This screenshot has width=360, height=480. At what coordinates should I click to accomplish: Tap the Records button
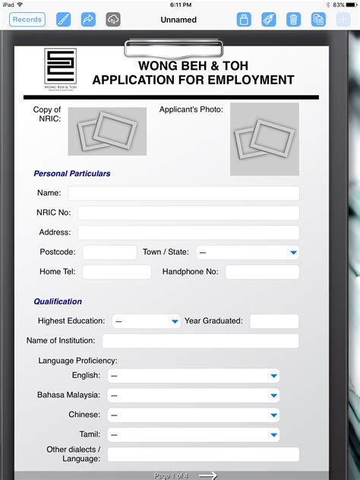[27, 19]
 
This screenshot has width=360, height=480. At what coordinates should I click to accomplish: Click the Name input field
[183, 193]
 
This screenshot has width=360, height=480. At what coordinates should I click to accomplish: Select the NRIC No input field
[188, 213]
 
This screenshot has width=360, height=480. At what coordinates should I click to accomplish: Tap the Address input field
[188, 232]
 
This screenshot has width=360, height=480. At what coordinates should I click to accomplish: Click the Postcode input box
[109, 252]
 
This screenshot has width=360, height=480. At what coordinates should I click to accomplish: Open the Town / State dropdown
[247, 252]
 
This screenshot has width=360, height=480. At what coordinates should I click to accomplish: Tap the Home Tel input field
[116, 272]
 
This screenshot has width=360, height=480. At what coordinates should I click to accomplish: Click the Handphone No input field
[262, 272]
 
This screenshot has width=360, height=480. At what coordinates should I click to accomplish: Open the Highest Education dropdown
[146, 321]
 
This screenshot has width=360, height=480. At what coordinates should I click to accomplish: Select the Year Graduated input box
[273, 321]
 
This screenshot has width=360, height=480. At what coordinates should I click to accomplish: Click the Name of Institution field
[201, 341]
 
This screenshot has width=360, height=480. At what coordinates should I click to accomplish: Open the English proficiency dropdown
[193, 376]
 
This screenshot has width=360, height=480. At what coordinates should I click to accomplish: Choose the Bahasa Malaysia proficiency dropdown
[193, 395]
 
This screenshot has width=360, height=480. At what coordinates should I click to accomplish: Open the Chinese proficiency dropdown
[193, 415]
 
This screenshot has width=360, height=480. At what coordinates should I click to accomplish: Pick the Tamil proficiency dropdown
[193, 434]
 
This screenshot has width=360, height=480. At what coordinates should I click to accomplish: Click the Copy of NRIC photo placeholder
[107, 131]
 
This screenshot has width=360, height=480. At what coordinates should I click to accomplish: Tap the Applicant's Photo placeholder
[264, 139]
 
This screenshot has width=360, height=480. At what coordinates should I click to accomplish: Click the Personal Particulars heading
[72, 173]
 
